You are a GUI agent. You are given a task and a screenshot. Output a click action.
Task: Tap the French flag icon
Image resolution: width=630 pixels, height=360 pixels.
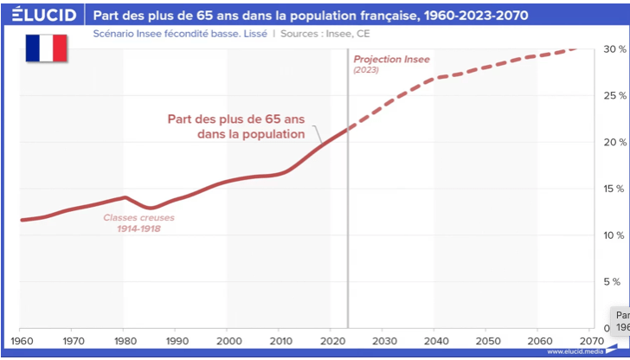pyautogui.click(x=46, y=48)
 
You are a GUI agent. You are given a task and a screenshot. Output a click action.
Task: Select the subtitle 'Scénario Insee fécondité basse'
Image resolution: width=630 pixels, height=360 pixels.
pyautogui.click(x=167, y=35)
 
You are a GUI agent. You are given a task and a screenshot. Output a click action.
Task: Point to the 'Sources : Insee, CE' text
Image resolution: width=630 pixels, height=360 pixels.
pyautogui.click(x=325, y=35)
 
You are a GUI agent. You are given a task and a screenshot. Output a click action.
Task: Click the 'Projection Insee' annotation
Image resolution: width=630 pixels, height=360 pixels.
pyautogui.click(x=391, y=59)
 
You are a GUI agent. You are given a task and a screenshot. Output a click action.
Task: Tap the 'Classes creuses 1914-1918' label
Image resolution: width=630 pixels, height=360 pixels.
pyautogui.click(x=132, y=223)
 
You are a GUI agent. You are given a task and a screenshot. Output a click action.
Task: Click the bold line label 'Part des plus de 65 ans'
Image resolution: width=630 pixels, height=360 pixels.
pyautogui.click(x=235, y=127)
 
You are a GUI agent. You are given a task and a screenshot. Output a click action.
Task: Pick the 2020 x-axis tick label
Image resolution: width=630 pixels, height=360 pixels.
pyautogui.click(x=331, y=341)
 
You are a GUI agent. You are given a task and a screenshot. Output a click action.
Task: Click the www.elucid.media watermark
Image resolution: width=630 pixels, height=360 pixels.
pyautogui.click(x=575, y=352)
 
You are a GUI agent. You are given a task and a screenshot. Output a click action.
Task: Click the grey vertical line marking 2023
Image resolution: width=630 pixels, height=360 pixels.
pyautogui.click(x=348, y=216)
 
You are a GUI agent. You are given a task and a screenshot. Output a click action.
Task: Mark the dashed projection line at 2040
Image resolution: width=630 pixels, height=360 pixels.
pyautogui.click(x=434, y=79)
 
